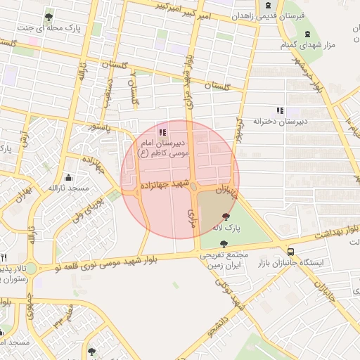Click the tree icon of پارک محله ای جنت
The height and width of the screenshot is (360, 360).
pyautogui.click(x=48, y=17)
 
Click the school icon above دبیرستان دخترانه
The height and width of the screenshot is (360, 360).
pyautogui.click(x=280, y=110)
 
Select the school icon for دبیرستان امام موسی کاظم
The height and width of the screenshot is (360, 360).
pyautogui.click(x=162, y=131)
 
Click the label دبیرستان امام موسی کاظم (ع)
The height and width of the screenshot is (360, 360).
pyautogui.click(x=162, y=146)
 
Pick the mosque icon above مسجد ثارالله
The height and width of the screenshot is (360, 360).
pyautogui.click(x=67, y=177)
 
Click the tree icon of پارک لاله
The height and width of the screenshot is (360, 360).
pyautogui.click(x=226, y=217)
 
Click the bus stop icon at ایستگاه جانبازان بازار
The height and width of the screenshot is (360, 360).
pyautogui.click(x=290, y=251)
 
